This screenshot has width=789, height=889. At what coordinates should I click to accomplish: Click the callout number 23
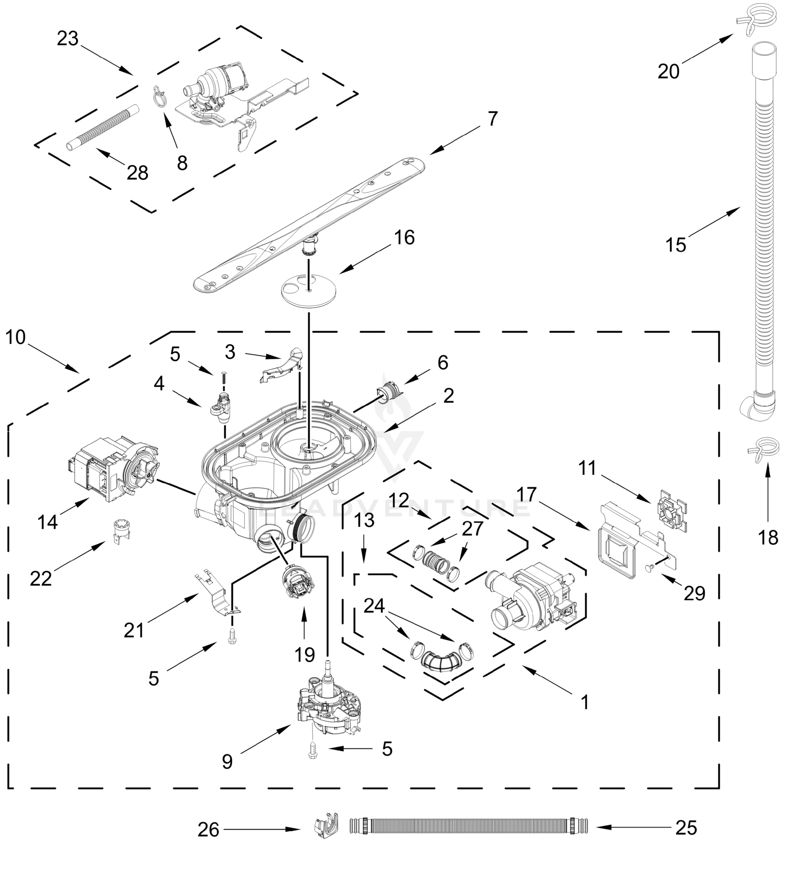coord(67,39)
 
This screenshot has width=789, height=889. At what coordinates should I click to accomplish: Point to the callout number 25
coord(686,828)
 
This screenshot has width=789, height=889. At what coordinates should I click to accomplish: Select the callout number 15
coord(676,245)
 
